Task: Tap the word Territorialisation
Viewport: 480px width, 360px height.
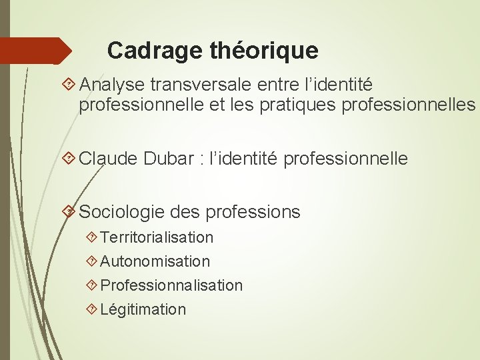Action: click(x=157, y=237)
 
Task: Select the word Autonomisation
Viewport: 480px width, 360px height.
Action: click(x=155, y=261)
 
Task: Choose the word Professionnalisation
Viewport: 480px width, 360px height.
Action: click(x=171, y=285)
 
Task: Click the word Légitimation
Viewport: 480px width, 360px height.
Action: click(x=143, y=309)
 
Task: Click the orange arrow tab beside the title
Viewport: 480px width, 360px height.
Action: click(x=37, y=51)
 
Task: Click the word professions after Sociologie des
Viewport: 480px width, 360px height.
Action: click(x=253, y=212)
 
